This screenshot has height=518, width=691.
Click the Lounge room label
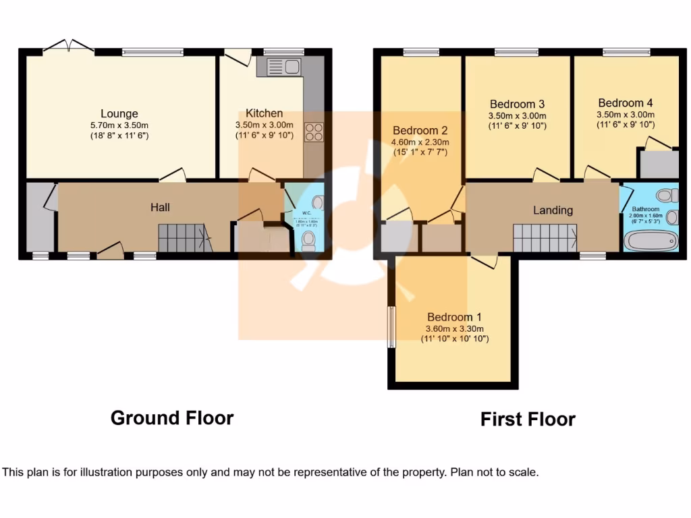click(119, 113)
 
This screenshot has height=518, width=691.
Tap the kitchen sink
click(283, 67)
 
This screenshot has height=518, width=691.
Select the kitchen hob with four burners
click(314, 132)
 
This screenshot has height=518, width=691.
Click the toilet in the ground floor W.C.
click(308, 239)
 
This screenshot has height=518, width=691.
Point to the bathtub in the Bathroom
click(651, 240)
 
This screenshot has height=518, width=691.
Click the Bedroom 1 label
click(454, 317)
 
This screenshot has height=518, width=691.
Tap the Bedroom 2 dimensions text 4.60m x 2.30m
click(420, 142)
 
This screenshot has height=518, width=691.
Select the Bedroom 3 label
click(517, 104)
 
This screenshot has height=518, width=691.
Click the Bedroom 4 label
click(626, 103)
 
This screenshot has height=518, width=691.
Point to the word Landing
click(553, 210)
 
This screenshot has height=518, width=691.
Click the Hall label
click(160, 207)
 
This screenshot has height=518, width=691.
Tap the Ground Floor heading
click(172, 418)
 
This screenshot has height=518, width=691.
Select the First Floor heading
click(528, 420)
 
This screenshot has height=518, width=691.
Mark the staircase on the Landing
click(545, 239)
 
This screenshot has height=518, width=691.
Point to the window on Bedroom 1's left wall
click(391, 327)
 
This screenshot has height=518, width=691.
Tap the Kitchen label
click(264, 113)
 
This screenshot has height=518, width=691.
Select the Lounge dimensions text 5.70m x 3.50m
click(119, 125)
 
